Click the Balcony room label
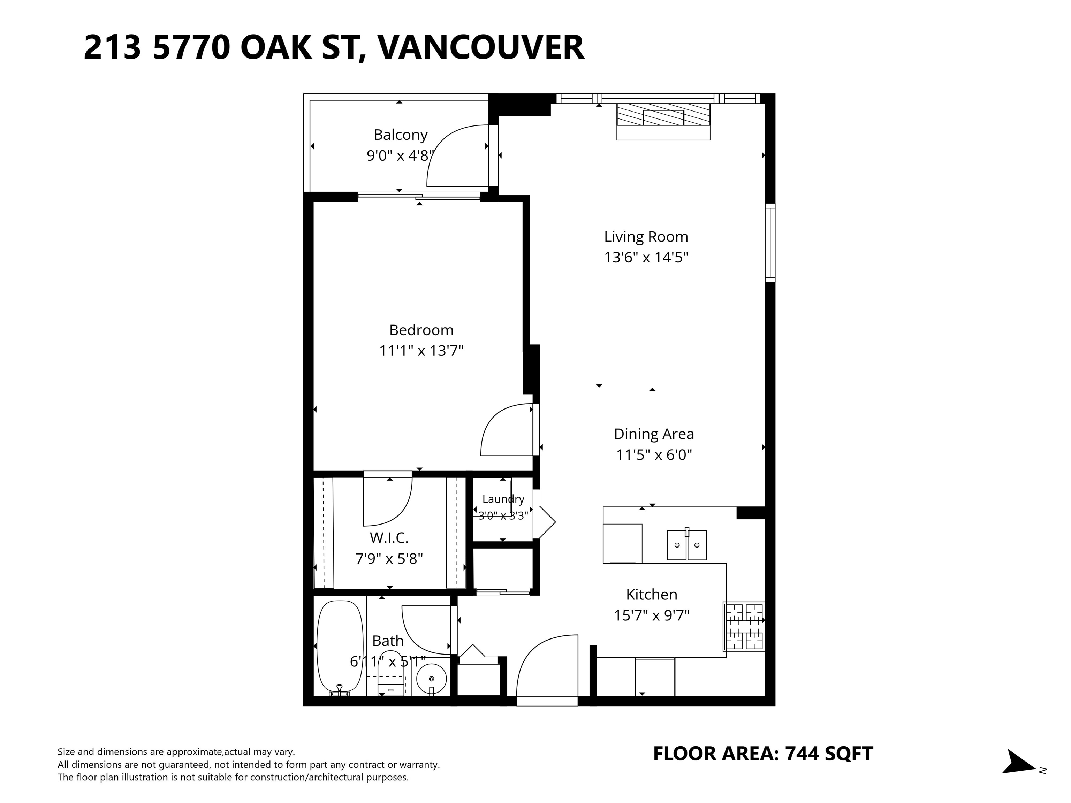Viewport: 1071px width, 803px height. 401,135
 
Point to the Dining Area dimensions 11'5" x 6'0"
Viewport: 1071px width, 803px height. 654,455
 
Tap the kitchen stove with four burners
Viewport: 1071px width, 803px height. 744,626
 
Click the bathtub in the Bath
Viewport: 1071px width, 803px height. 340,648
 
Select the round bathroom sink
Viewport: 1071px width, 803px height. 431,679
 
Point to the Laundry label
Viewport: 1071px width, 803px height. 503,499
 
